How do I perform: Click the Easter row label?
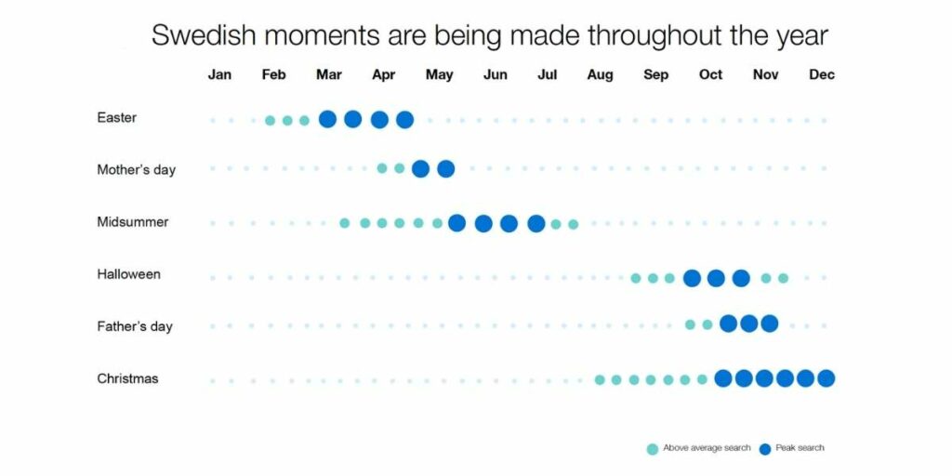tap(116, 118)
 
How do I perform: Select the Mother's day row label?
tap(136, 170)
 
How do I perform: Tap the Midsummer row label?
tap(132, 222)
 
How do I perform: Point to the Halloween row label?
tap(128, 274)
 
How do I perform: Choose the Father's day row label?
tap(135, 326)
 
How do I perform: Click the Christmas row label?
tap(127, 379)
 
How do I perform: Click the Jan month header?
tap(219, 74)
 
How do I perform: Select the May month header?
tap(439, 75)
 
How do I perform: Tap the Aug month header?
tap(600, 75)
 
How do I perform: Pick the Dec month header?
tap(822, 74)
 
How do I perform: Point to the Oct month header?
tap(711, 74)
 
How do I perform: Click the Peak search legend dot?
tap(765, 449)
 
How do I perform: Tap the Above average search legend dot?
tap(653, 449)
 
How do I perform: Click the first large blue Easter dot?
tap(327, 119)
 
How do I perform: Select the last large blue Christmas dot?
tap(826, 378)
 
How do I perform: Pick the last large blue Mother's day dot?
tap(445, 169)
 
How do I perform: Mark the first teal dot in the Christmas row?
tap(600, 379)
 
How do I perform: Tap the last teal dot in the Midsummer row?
tap(573, 225)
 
